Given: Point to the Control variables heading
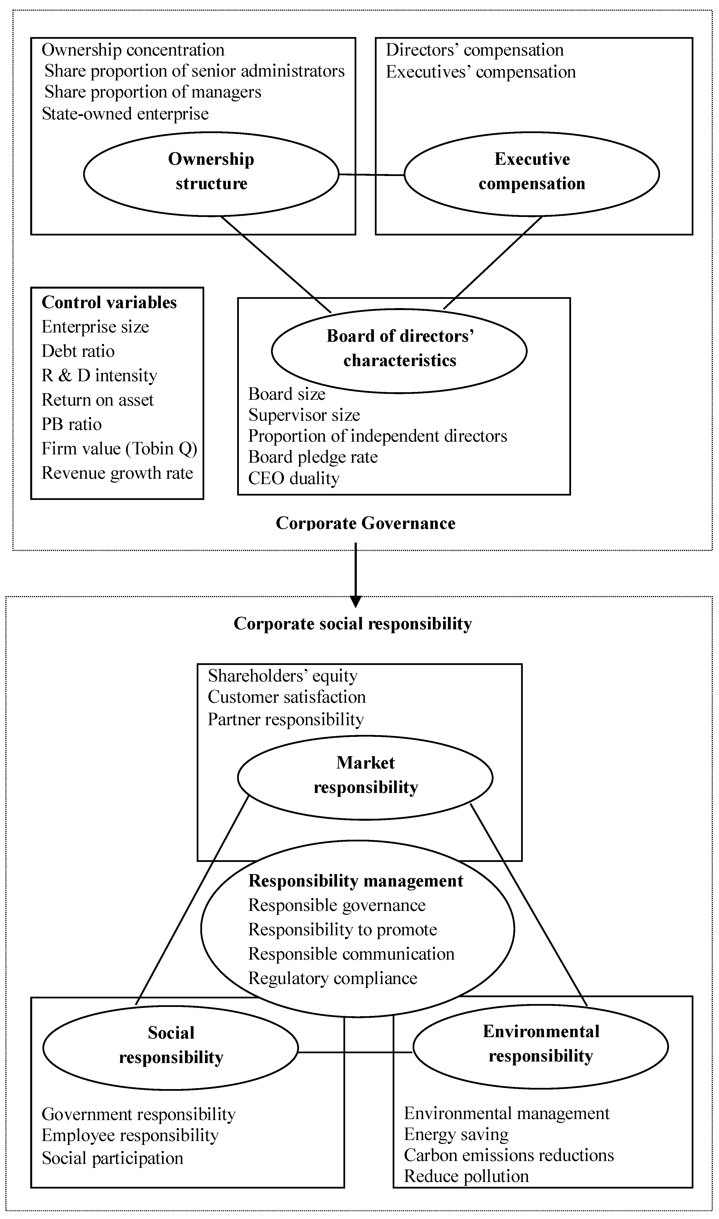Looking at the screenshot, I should [109, 303].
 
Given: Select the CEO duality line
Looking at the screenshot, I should [294, 479].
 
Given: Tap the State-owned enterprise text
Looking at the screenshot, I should [125, 114].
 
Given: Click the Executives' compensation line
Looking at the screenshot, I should [481, 72].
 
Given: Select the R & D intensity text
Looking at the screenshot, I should [99, 376].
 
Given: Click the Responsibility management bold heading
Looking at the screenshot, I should [356, 881].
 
